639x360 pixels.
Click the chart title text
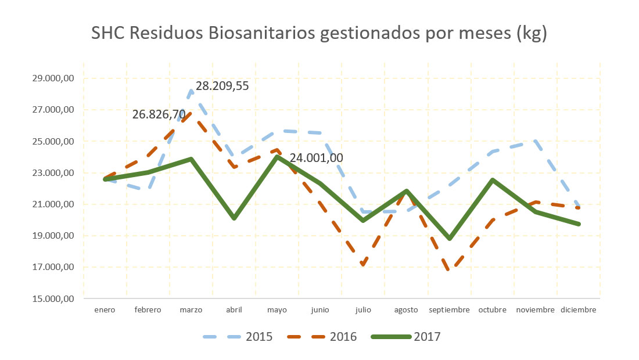click(x=319, y=34)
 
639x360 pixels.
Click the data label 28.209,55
click(x=222, y=87)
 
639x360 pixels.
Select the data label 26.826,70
click(x=159, y=115)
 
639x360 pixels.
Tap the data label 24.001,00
click(x=316, y=158)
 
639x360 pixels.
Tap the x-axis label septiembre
click(x=449, y=310)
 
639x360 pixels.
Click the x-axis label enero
click(x=105, y=310)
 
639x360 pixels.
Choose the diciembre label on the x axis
click(x=579, y=310)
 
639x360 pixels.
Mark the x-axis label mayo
click(x=277, y=310)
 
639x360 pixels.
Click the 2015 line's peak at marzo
click(x=192, y=90)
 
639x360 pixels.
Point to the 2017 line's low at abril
click(x=234, y=218)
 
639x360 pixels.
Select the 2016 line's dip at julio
click(x=363, y=265)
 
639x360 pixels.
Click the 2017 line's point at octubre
click(x=493, y=180)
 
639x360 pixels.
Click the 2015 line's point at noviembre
click(x=535, y=141)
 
